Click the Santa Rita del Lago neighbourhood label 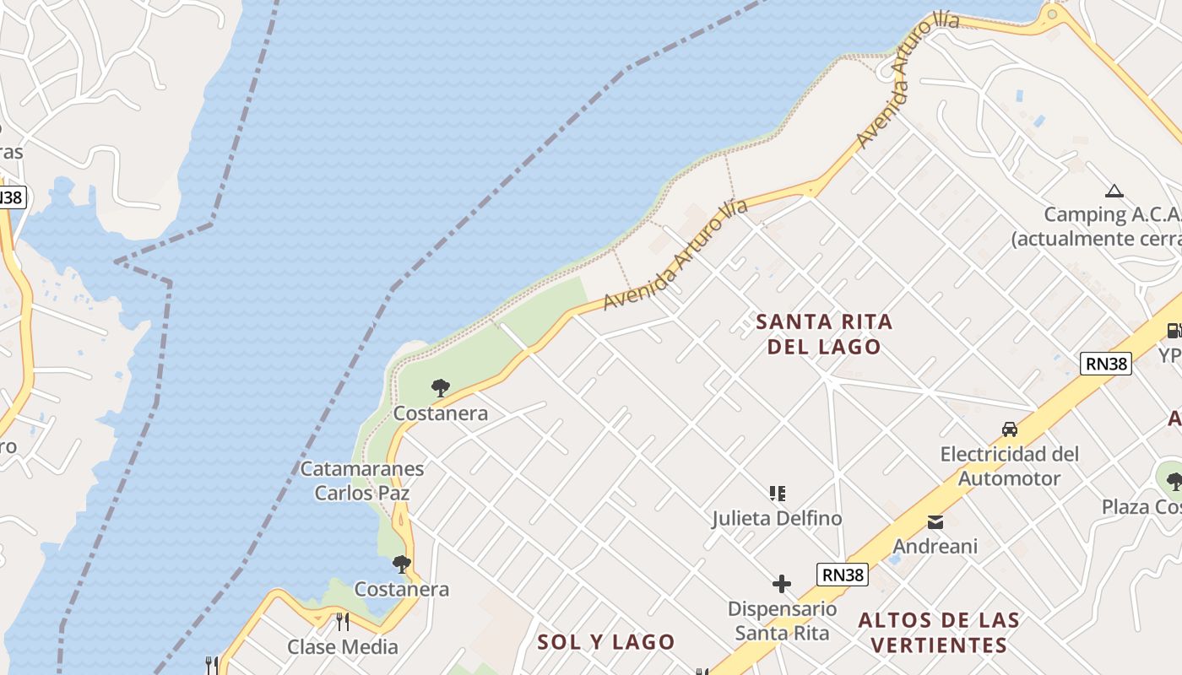[x=824, y=334]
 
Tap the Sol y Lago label [x=606, y=642]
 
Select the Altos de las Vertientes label [x=939, y=633]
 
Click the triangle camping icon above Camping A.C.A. [x=1114, y=192]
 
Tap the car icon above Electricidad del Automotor [x=1010, y=429]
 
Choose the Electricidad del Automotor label [x=1010, y=466]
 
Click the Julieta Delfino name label [x=777, y=518]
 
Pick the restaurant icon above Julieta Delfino [x=778, y=493]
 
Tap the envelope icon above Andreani [x=935, y=521]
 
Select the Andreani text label [x=935, y=546]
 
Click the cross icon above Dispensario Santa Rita [x=782, y=583]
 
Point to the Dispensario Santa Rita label [x=782, y=620]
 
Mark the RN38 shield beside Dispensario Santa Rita [x=843, y=575]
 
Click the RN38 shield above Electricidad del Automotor [x=1106, y=364]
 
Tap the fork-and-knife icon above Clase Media [x=342, y=622]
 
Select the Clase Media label [x=342, y=647]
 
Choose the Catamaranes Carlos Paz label [x=362, y=480]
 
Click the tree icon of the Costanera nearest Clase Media [x=402, y=564]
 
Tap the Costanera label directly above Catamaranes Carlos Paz [x=441, y=413]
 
